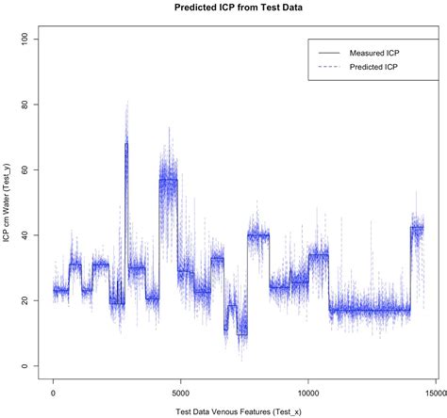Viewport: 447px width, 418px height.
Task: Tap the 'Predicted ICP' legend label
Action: point(372,69)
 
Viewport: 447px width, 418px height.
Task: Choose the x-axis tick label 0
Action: point(54,393)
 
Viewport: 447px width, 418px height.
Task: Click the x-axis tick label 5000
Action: point(181,393)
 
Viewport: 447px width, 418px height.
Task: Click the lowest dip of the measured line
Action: point(242,334)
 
